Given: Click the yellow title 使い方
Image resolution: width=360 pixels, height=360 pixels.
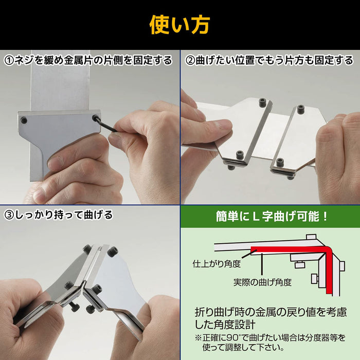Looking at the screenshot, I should click(x=179, y=24).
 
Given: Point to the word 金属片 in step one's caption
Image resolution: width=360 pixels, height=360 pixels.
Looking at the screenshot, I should click(x=85, y=60).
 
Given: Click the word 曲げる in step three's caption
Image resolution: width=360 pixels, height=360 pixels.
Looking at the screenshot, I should click(x=97, y=214).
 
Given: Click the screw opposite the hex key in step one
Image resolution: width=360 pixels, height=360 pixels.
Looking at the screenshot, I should click(x=24, y=120).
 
